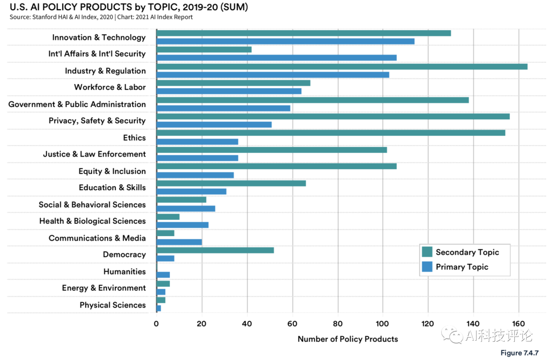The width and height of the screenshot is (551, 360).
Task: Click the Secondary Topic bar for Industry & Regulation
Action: [x=342, y=66]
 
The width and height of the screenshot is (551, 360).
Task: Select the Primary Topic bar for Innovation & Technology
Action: [x=285, y=41]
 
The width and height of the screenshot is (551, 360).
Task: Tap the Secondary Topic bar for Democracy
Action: [x=215, y=250]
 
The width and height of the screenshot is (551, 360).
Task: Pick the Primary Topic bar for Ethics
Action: [x=197, y=142]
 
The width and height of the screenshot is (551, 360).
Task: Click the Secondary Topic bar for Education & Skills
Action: [x=231, y=183]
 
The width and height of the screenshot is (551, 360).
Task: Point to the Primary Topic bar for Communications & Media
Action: [x=179, y=242]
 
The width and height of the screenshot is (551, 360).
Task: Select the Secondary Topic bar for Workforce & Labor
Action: [x=233, y=83]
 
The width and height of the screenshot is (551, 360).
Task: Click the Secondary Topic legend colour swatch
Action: [x=427, y=252]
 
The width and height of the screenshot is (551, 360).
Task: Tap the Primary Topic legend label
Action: [x=462, y=267]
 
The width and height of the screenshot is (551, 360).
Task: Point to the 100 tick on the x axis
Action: [x=383, y=323]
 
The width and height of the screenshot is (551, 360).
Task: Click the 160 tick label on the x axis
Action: [x=519, y=323]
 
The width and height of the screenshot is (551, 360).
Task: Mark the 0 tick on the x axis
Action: [x=157, y=323]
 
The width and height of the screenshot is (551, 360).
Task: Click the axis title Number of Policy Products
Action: [x=347, y=339]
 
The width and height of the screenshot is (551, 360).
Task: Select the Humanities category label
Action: [x=124, y=271]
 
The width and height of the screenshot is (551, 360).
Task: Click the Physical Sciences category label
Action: [x=113, y=305]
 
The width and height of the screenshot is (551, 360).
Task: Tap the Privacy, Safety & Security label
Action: [x=97, y=121]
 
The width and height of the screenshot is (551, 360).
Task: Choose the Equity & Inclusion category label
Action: [x=112, y=171]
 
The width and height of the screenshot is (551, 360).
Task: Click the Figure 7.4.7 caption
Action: [x=519, y=353]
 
